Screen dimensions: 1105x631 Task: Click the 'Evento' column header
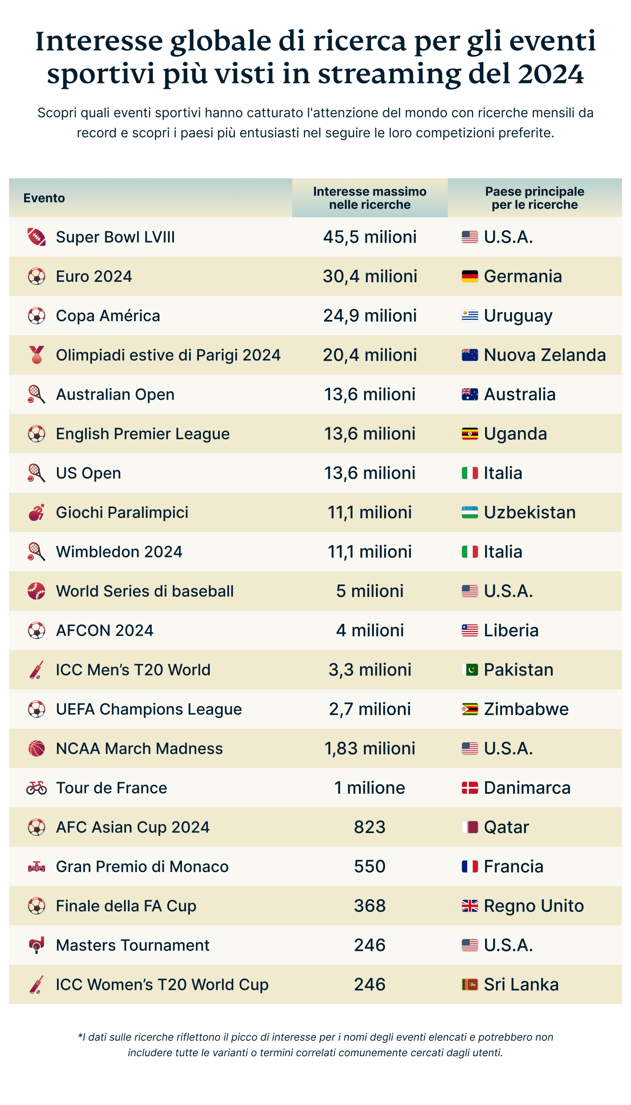tap(44, 198)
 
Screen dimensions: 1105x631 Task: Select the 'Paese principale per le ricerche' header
tap(534, 198)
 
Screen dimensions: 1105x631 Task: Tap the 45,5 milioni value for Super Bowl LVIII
tap(370, 237)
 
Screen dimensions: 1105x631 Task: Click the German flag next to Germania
tap(470, 277)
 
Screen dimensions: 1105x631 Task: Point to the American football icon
tap(36, 237)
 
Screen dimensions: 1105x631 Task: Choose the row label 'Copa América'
tap(108, 316)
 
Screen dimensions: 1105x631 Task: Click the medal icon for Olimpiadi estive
tap(36, 355)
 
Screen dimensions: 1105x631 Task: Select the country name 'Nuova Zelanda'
tap(545, 355)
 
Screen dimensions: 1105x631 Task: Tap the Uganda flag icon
tap(470, 434)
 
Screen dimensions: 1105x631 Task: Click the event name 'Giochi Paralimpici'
tap(122, 513)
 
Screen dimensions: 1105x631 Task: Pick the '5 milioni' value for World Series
tap(370, 591)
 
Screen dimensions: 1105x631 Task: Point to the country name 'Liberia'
tap(511, 631)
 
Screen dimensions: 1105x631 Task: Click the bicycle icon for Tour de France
tap(36, 788)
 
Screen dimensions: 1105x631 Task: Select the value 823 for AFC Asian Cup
tap(370, 827)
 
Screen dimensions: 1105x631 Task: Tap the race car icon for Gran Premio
tap(36, 867)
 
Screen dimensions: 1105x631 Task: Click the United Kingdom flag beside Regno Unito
tap(470, 906)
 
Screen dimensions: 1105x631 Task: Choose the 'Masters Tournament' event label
tap(133, 946)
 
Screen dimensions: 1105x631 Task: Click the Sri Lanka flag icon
tap(470, 985)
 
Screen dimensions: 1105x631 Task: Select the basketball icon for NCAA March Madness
tap(36, 748)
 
